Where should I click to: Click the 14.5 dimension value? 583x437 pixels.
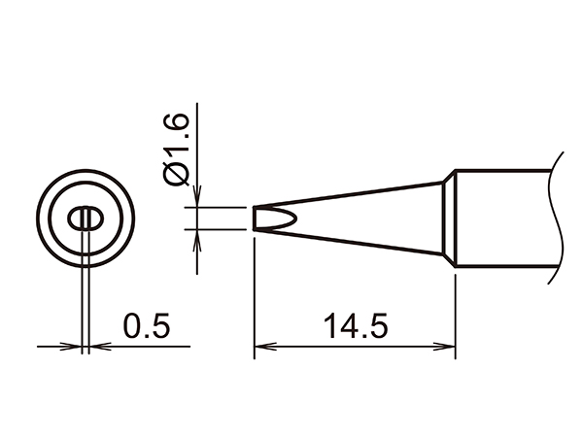355,326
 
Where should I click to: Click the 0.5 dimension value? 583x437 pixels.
147,326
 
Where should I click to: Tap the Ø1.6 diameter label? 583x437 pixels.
177,150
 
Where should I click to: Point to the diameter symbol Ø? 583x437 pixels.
177,174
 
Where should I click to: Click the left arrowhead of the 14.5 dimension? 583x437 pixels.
264,347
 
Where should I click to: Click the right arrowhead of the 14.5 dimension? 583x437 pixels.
445,347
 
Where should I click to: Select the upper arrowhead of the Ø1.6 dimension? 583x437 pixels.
197,196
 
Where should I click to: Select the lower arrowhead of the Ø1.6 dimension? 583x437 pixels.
197,241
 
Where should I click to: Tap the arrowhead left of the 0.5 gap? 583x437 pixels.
71,347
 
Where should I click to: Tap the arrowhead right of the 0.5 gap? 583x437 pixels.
100,347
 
